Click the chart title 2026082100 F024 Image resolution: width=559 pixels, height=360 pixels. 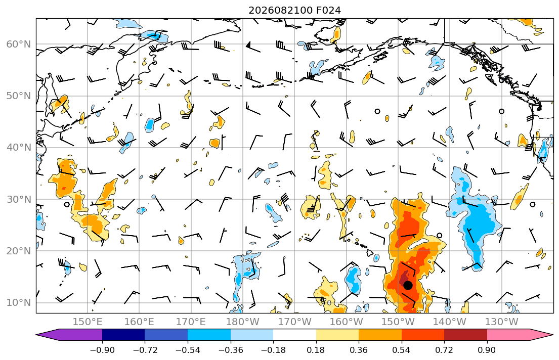pyautogui.click(x=294, y=10)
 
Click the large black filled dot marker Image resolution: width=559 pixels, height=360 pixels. pyautogui.click(x=408, y=285)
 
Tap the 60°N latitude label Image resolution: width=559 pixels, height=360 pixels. pyautogui.click(x=19, y=44)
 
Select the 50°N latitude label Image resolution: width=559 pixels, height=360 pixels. pyautogui.click(x=19, y=96)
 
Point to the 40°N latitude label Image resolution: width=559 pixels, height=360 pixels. pyautogui.click(x=19, y=148)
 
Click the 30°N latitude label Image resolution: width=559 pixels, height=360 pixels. pyautogui.click(x=19, y=199)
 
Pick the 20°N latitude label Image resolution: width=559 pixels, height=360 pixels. pyautogui.click(x=19, y=251)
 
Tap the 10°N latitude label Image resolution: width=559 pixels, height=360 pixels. pyautogui.click(x=19, y=303)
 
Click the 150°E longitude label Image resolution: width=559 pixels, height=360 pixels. pyautogui.click(x=88, y=322)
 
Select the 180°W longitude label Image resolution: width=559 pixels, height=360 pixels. pyautogui.click(x=243, y=322)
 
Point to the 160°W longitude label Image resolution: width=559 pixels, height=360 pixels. pyautogui.click(x=346, y=322)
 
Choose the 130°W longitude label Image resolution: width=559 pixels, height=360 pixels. pyautogui.click(x=502, y=322)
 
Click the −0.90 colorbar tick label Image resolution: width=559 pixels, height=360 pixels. pyautogui.click(x=102, y=350)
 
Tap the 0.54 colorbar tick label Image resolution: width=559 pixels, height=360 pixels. pyautogui.click(x=402, y=350)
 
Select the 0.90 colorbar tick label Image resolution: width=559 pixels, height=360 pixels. pyautogui.click(x=487, y=350)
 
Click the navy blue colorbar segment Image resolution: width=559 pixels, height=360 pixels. pyautogui.click(x=123, y=335)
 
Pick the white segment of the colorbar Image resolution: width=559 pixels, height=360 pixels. pyautogui.click(x=294, y=335)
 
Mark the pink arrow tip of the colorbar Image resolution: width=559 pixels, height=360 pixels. pyautogui.click(x=552, y=335)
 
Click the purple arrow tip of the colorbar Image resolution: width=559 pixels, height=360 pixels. pyautogui.click(x=36, y=335)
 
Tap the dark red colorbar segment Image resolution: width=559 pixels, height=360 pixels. pyautogui.click(x=465, y=335)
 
